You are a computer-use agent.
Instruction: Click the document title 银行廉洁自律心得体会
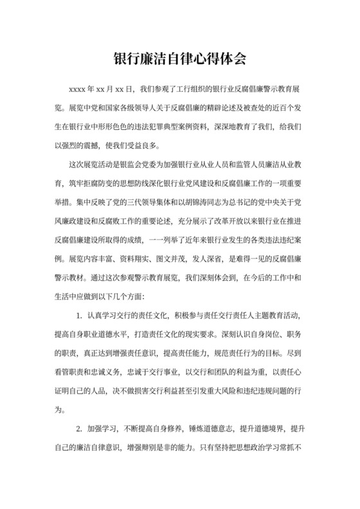179,59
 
